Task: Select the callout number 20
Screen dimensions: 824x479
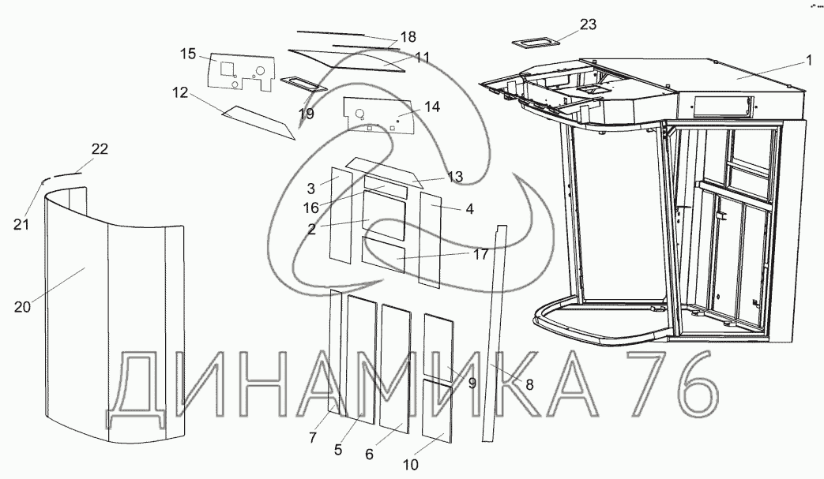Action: click(x=22, y=306)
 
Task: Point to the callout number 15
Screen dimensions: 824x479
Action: click(x=187, y=53)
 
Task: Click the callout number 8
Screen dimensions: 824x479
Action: click(x=529, y=385)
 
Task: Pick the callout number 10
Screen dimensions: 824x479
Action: click(x=410, y=464)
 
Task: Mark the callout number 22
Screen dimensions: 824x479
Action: click(x=100, y=150)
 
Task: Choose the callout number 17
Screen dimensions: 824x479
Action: click(x=480, y=254)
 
